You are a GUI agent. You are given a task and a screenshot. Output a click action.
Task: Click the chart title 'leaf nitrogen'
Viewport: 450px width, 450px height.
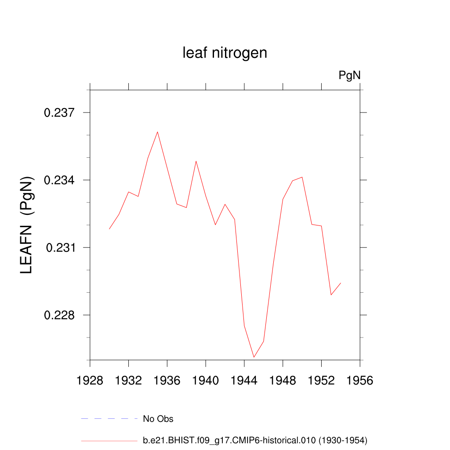pos(225,53)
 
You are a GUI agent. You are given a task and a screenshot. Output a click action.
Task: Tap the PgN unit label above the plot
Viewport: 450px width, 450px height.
pos(349,76)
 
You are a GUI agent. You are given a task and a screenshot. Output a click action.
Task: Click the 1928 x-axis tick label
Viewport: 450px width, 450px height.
pos(90,381)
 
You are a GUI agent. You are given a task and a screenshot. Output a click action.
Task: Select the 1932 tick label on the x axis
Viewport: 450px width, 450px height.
pos(128,381)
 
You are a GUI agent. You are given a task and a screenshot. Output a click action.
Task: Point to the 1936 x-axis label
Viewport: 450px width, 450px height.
pos(167,381)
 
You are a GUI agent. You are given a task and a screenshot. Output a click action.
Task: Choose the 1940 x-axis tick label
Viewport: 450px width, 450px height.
pos(206,381)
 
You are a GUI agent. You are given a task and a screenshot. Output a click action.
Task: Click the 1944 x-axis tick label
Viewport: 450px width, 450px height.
pos(244,381)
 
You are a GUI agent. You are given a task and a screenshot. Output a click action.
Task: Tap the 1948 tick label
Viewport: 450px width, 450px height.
pos(283,381)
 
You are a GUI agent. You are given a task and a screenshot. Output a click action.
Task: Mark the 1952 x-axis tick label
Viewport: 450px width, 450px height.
pos(321,381)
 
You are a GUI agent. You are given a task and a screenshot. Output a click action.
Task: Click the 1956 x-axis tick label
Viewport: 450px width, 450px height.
pos(360,381)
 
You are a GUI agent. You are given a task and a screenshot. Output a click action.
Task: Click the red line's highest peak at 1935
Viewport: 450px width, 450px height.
pos(157,132)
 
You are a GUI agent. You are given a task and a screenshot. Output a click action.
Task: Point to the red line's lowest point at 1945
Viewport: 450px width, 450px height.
pos(254,357)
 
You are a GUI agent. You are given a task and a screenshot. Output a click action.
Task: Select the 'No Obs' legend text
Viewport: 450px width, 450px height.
pos(158,419)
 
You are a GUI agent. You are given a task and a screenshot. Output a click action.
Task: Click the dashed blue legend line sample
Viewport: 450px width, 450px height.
pos(109,419)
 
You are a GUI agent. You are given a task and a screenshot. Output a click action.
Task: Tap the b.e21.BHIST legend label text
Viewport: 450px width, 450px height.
pos(255,440)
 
